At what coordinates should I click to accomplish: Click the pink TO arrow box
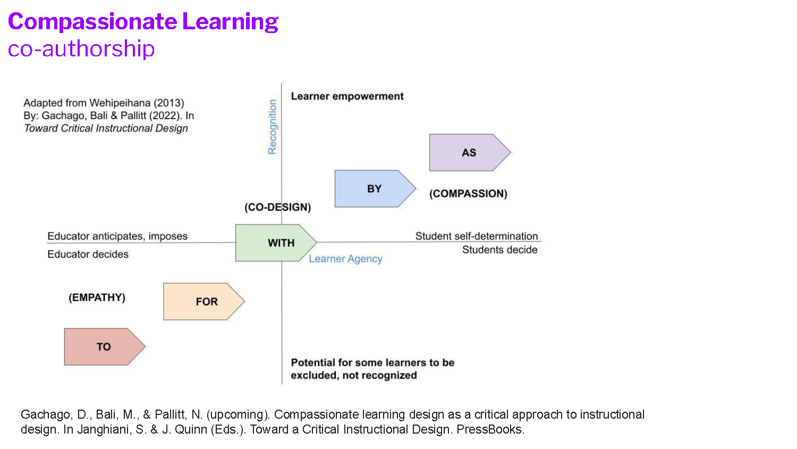[104, 347]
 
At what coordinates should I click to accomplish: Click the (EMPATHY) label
[97, 297]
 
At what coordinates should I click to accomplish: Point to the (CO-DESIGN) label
[277, 207]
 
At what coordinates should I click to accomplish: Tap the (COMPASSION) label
[468, 194]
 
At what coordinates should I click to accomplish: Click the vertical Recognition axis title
[273, 127]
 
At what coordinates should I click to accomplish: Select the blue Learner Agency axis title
[345, 259]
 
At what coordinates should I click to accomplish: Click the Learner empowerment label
[347, 96]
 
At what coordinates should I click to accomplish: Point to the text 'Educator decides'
[88, 254]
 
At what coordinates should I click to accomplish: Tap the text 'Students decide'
[499, 250]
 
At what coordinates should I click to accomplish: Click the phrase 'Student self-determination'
[476, 236]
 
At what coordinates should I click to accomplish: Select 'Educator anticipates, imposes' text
[117, 236]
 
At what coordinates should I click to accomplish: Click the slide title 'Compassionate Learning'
[143, 22]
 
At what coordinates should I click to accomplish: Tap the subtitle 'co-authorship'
[81, 49]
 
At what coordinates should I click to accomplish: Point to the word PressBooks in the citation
[489, 430]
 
